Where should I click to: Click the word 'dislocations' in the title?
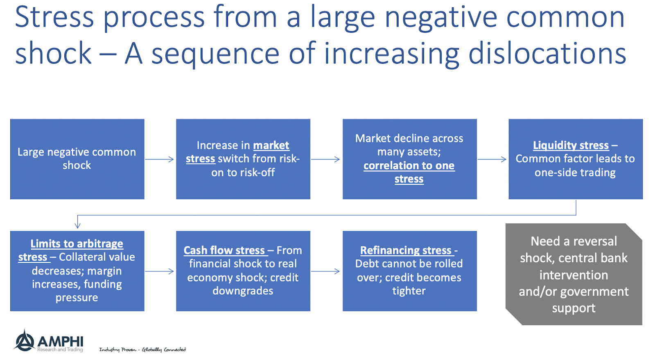tap(547, 53)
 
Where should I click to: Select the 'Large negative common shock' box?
tap(77, 159)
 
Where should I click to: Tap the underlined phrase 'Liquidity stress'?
tap(571, 145)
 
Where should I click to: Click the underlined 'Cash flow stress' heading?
tap(224, 250)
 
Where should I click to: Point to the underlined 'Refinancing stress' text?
tap(405, 250)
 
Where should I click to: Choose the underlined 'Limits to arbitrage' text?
tap(77, 243)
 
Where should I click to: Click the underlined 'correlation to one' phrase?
tap(409, 165)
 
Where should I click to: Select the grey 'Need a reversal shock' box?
tap(574, 274)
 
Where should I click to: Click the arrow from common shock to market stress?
tap(160, 159)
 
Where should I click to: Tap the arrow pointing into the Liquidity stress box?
tap(492, 159)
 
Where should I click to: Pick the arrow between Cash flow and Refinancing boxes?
tap(325, 271)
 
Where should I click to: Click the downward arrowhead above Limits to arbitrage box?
tap(77, 224)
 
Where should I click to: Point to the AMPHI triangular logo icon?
tap(24, 340)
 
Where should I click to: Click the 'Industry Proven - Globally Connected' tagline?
tap(142, 349)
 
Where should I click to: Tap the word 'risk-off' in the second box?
tap(257, 172)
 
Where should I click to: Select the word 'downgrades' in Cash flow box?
tap(243, 291)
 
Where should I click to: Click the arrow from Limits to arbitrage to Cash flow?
tap(160, 271)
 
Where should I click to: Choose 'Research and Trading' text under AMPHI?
tap(60, 350)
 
